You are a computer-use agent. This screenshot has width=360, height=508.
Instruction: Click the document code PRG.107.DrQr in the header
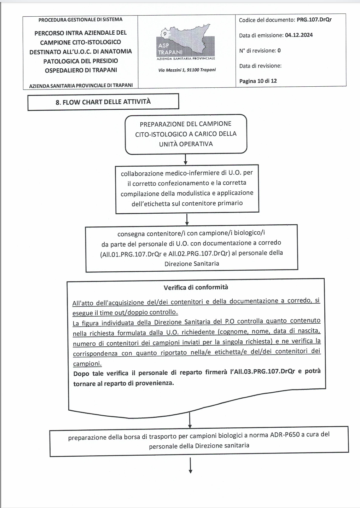coord(314,20)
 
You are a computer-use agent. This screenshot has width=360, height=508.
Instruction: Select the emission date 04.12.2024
coord(298,35)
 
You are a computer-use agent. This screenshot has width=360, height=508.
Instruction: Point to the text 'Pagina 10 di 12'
coord(258,81)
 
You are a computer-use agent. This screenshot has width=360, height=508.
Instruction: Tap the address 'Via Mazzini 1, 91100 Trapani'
coord(187,70)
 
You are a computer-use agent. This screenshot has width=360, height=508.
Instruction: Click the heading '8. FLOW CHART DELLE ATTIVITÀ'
coord(103,102)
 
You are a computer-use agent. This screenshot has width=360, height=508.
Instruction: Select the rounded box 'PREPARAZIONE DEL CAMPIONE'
coord(186,134)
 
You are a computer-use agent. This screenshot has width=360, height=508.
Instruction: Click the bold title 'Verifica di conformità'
coord(196,287)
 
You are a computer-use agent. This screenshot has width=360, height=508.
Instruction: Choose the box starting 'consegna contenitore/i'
coord(191,248)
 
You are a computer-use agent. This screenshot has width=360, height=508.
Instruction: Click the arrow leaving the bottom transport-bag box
coord(191,466)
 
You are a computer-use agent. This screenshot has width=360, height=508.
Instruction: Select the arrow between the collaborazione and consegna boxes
coord(187,219)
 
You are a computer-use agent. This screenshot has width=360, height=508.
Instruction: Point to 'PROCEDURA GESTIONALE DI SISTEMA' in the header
coord(80,19)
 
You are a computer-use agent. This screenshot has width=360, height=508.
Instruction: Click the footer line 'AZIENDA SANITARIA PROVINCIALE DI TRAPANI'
coord(81,86)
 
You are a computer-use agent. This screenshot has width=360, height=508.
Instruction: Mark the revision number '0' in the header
coord(279,51)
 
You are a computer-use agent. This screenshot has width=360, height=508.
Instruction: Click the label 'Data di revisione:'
coord(260,66)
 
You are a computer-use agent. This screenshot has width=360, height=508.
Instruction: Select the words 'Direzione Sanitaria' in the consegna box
coord(192,264)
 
